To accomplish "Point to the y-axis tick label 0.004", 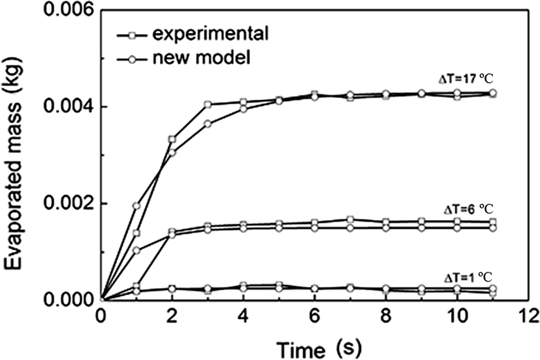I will (65, 106).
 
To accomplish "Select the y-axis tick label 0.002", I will (65, 203).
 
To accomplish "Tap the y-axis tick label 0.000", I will (65, 301).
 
